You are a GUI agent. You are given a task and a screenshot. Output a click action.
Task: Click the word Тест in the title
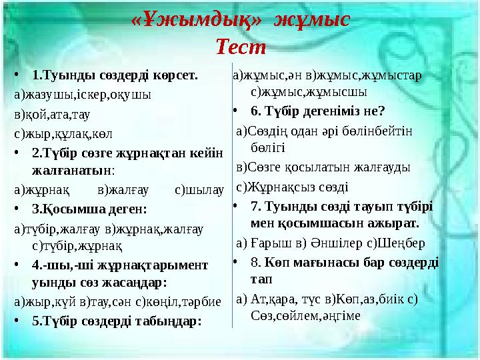[241, 47]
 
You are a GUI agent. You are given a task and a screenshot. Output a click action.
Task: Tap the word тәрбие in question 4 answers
[198, 301]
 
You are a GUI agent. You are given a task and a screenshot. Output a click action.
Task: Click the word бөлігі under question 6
[269, 145]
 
